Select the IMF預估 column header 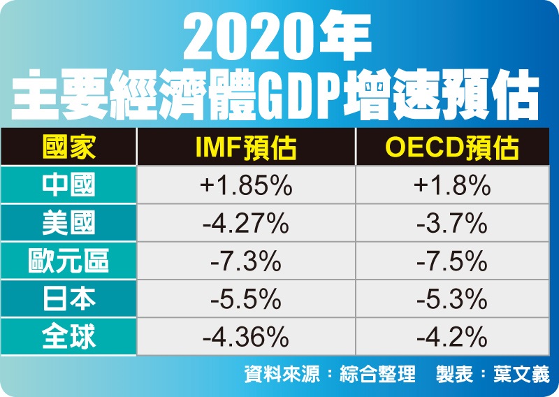[245, 147]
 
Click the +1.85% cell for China [245, 186]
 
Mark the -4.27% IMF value [245, 224]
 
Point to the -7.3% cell [245, 262]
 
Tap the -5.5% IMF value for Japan [245, 300]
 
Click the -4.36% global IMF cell [245, 338]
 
